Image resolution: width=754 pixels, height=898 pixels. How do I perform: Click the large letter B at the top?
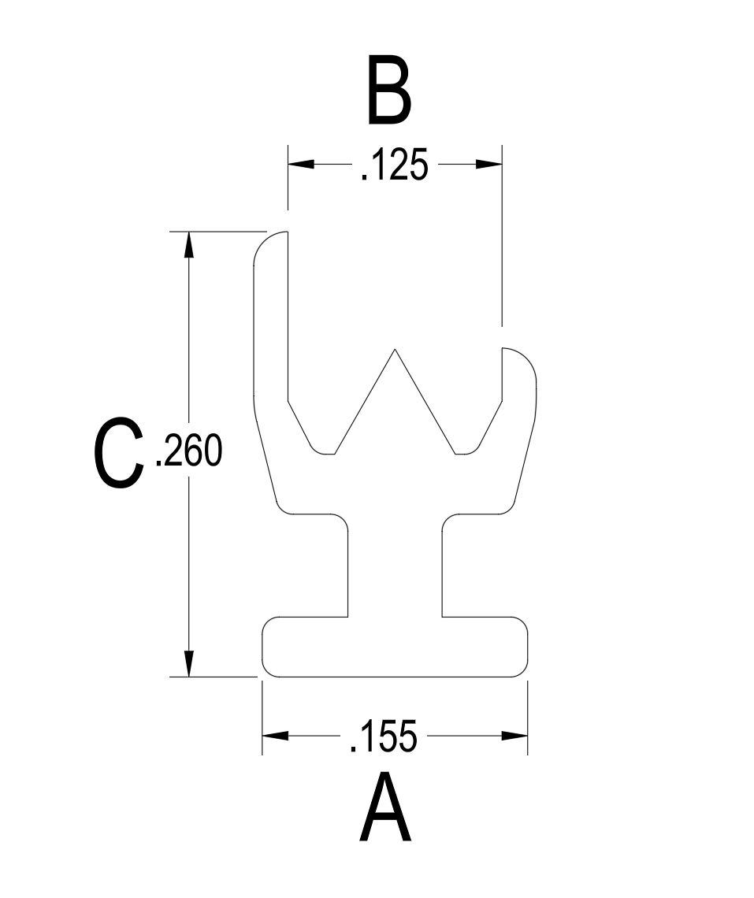coord(389,90)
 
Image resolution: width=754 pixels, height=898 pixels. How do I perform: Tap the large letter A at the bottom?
coord(385,807)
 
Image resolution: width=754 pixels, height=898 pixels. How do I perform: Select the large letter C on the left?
coord(118,452)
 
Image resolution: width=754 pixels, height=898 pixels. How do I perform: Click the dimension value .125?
coord(395,165)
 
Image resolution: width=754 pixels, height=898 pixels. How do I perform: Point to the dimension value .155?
coord(383,736)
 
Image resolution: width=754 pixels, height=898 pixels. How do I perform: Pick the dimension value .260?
coord(189,450)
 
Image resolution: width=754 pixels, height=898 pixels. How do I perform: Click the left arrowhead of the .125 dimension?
coord(302,165)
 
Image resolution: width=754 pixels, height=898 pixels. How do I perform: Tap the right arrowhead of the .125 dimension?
coord(488,165)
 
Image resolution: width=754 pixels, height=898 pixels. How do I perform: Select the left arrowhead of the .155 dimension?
coord(276,736)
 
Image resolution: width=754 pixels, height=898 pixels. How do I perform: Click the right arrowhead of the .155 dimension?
coord(514,736)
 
